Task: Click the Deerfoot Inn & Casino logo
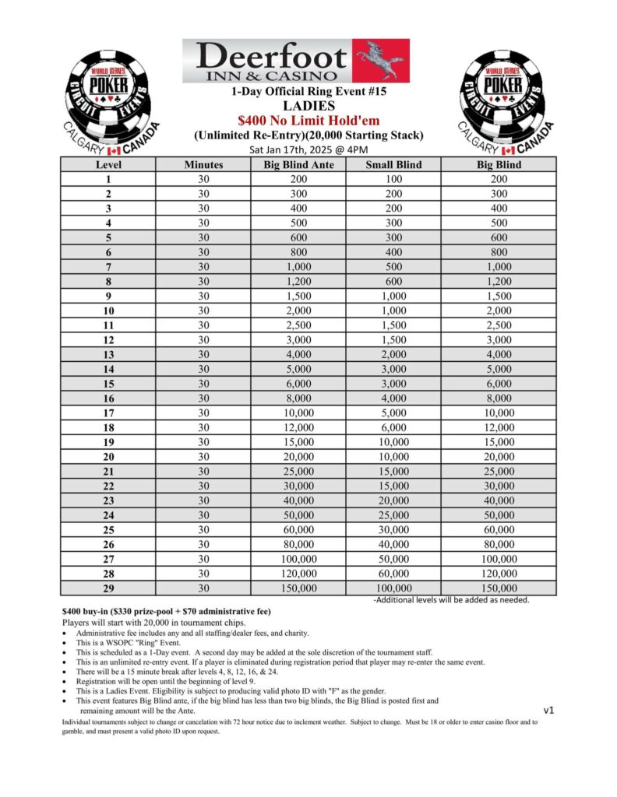click(x=296, y=61)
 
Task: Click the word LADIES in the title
click(x=308, y=106)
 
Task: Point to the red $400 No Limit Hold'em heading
click(x=308, y=121)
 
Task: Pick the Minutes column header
click(x=203, y=165)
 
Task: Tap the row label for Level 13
click(x=108, y=355)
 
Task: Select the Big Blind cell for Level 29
click(x=499, y=589)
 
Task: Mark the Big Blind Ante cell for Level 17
click(x=298, y=413)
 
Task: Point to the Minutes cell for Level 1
click(x=203, y=179)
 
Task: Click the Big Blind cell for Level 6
click(x=499, y=252)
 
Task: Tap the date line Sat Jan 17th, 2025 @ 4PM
click(x=308, y=149)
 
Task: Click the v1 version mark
click(x=549, y=710)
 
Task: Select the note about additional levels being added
click(x=452, y=600)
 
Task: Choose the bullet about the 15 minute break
click(x=203, y=671)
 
